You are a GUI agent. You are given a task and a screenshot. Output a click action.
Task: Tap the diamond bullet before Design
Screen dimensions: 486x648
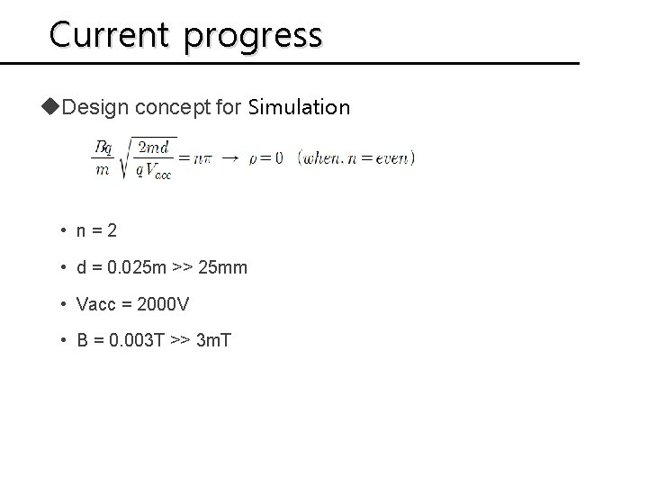(56, 107)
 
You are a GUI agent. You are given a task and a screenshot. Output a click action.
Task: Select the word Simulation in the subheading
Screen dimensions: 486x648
(299, 108)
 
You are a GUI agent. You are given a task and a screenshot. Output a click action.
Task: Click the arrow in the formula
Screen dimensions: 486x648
(229, 157)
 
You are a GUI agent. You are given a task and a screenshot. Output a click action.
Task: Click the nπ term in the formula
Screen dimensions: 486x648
(202, 158)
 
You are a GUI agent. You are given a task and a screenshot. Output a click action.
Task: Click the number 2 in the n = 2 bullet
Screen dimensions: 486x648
(111, 231)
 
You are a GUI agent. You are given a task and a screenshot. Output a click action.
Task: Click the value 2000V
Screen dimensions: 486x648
(157, 305)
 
